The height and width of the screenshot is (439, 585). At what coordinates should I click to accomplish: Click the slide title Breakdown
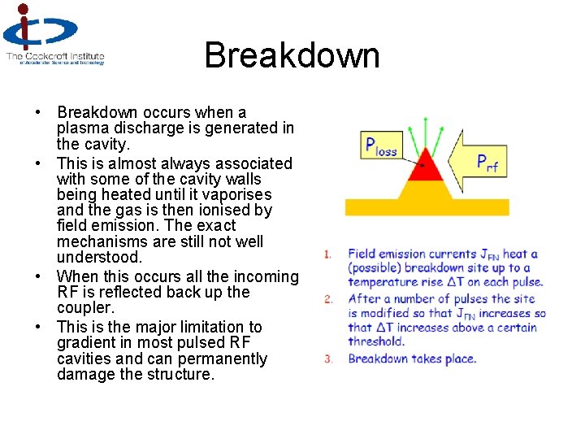[x=292, y=55]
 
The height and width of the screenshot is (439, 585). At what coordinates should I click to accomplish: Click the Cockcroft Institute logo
[x=54, y=34]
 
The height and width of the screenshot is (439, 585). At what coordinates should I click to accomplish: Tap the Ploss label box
[x=380, y=146]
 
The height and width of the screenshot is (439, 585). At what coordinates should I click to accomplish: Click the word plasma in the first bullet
[x=82, y=128]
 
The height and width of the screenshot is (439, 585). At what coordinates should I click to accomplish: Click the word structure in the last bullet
[x=180, y=375]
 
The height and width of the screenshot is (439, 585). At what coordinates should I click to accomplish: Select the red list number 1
[x=327, y=254]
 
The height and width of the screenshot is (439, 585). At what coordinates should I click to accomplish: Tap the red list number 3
[x=327, y=359]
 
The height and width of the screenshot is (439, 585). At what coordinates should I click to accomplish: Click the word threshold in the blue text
[x=375, y=342]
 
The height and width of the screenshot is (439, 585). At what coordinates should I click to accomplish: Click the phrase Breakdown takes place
[x=412, y=359]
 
